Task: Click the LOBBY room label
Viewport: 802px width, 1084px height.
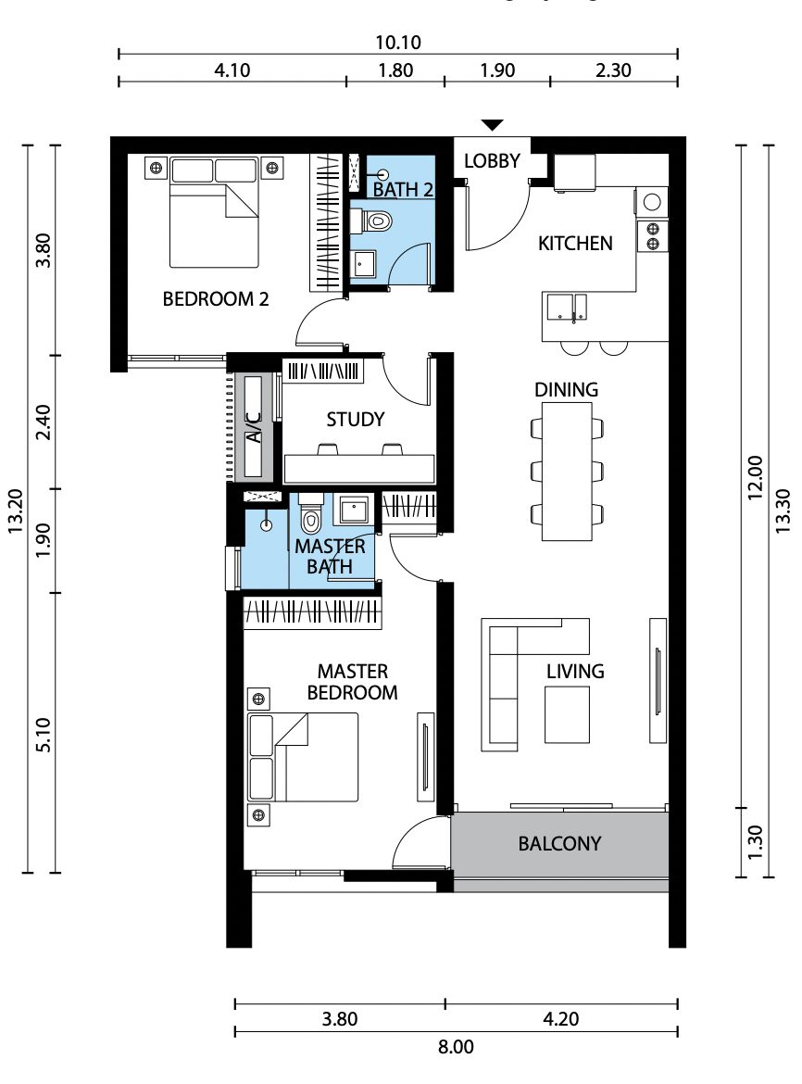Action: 492,161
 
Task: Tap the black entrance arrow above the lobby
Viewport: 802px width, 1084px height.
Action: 492,125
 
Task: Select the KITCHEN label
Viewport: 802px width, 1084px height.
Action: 575,244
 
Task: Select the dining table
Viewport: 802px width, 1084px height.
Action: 567,472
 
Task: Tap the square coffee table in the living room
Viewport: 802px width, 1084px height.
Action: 567,714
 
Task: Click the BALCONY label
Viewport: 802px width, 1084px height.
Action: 559,843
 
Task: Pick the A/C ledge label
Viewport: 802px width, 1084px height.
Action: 254,427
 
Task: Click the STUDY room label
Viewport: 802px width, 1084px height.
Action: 355,420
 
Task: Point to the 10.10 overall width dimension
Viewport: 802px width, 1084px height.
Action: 398,43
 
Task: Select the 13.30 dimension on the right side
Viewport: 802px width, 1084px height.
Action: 782,510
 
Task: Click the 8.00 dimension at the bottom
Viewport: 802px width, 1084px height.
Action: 456,1047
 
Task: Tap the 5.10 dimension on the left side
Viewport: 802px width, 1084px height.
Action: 43,735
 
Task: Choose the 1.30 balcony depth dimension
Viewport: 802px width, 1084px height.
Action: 755,842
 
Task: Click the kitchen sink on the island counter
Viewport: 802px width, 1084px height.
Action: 567,308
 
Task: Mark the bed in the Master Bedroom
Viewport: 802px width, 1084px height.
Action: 303,757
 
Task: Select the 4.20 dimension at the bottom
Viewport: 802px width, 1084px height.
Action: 561,1019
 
